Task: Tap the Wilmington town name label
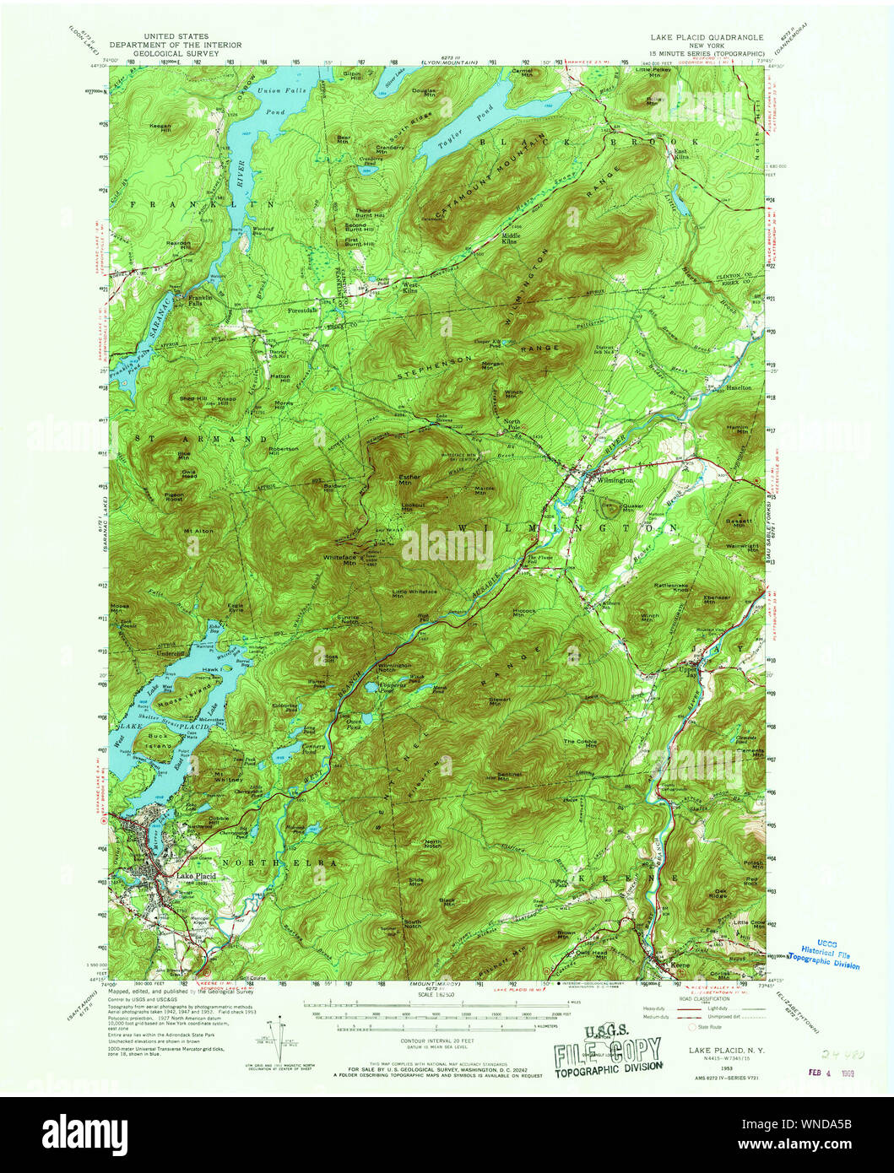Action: click(615, 479)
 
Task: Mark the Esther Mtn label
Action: click(409, 480)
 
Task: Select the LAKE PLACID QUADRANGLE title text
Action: click(706, 38)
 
